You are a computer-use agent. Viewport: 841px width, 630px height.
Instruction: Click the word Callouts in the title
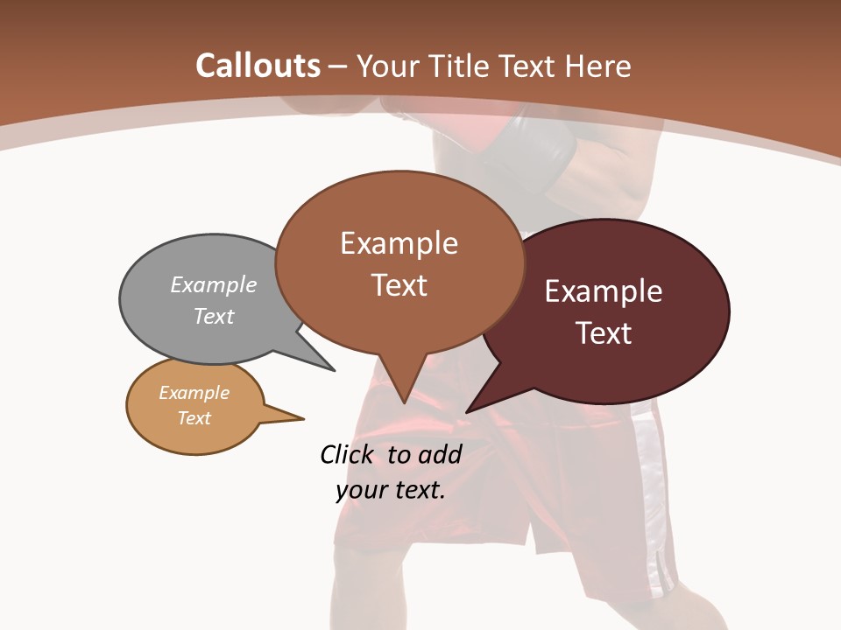258,66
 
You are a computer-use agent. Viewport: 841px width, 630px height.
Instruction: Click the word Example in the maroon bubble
604,291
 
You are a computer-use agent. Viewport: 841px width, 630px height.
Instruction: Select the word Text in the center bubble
399,285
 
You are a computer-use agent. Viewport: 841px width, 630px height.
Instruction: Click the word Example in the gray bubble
214,284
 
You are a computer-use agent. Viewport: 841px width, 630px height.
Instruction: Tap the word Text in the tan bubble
194,418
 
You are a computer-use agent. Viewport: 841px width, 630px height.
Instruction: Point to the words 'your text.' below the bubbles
391,490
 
